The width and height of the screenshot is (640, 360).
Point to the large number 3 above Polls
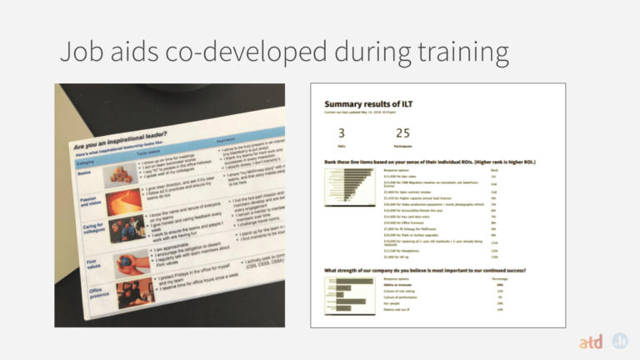(341, 133)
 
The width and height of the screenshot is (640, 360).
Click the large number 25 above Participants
(402, 133)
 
